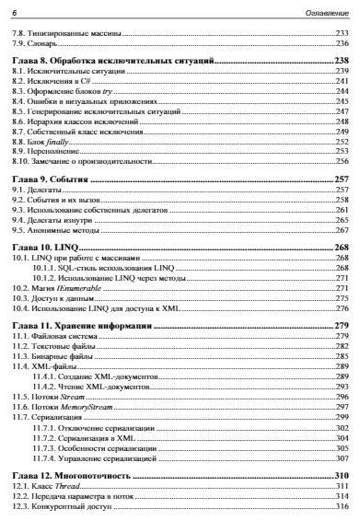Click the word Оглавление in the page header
(327, 8)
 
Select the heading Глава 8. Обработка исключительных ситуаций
(109, 58)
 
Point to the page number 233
(342, 32)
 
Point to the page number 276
(342, 309)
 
